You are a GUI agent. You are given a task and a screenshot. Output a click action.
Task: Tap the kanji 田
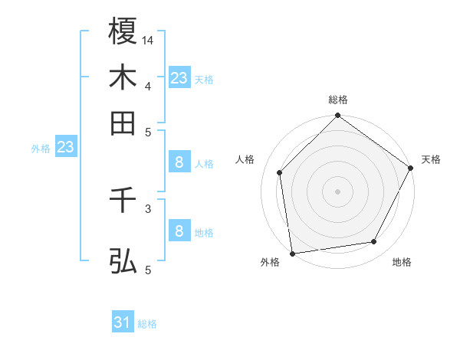pos(123,123)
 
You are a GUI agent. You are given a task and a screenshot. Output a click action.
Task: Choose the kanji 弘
pos(123,260)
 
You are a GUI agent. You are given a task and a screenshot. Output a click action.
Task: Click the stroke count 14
pos(149,39)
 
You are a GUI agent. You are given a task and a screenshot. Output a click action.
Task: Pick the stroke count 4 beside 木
pos(149,85)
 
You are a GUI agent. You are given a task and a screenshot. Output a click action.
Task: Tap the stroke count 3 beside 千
pos(149,208)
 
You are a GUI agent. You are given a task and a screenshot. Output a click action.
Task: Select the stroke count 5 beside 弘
pos(149,269)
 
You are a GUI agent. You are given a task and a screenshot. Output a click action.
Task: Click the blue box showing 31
pos(123,322)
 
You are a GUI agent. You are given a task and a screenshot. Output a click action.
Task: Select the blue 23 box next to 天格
pos(179,78)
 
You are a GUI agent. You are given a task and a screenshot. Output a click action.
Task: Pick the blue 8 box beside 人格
pos(179,162)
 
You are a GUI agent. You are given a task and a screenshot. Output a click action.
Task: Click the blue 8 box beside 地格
pos(179,231)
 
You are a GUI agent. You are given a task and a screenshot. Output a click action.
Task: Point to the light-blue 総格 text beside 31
pos(147,324)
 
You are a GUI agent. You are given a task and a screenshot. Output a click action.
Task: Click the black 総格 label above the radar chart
pos(338,100)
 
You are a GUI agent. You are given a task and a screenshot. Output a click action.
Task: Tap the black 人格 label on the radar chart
pos(245,159)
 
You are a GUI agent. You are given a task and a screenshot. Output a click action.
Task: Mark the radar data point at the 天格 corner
pos(411,169)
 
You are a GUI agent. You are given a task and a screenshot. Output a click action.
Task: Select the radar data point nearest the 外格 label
pos(292,253)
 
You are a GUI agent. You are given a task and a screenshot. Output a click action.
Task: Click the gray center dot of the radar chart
pos(338,191)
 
